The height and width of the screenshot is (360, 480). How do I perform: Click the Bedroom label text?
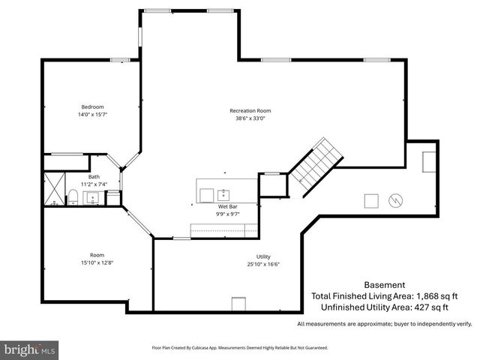click(92, 106)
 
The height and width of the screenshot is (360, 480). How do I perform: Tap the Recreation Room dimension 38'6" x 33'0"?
click(250, 118)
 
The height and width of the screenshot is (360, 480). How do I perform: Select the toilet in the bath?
click(73, 197)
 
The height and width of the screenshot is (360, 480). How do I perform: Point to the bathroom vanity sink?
click(93, 198)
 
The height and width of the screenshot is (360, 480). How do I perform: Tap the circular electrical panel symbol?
click(395, 200)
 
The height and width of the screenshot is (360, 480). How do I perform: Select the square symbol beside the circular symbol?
click(371, 200)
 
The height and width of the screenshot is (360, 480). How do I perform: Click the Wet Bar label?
click(228, 205)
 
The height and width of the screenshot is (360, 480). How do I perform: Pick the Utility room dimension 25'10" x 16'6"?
click(263, 264)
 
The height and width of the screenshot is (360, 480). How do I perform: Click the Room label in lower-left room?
click(97, 254)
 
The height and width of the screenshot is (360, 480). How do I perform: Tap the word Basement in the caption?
click(384, 285)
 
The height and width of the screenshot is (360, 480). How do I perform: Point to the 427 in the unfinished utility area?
click(415, 307)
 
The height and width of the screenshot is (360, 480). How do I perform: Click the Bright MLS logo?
click(30, 349)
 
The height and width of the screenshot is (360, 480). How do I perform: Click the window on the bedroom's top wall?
click(120, 60)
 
